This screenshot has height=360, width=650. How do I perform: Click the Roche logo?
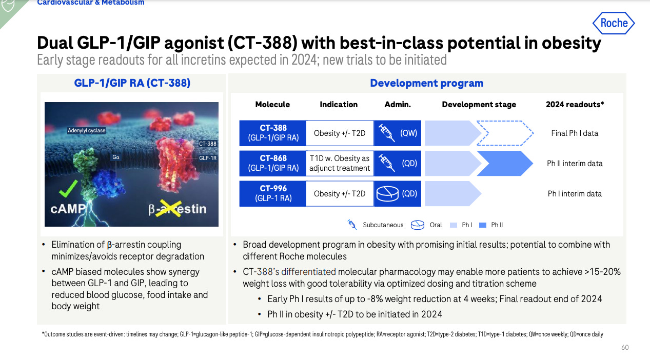(614, 23)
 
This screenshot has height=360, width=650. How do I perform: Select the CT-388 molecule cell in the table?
(273, 133)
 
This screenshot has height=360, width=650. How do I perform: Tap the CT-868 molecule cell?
(273, 163)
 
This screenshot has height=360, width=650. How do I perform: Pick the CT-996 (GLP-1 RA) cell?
(273, 193)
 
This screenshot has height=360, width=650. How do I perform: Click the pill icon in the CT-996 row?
(387, 193)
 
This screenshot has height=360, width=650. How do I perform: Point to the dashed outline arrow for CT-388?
(505, 133)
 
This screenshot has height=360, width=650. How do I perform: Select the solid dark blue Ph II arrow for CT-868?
(505, 163)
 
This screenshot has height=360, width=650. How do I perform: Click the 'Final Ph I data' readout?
(575, 133)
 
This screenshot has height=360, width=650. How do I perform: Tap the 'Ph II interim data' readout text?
(575, 163)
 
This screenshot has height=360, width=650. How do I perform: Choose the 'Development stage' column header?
(479, 104)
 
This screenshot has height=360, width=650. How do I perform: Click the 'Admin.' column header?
(398, 104)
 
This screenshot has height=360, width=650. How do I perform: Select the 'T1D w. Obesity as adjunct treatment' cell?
(340, 163)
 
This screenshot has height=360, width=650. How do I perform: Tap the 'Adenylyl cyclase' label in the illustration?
(87, 131)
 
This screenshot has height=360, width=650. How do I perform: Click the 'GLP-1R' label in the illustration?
(208, 158)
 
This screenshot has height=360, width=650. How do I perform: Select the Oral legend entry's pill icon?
(418, 225)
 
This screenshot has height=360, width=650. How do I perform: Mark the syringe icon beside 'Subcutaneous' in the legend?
(352, 225)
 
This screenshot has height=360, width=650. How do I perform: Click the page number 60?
(624, 348)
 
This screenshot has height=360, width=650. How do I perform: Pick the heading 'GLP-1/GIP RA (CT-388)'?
(132, 83)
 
